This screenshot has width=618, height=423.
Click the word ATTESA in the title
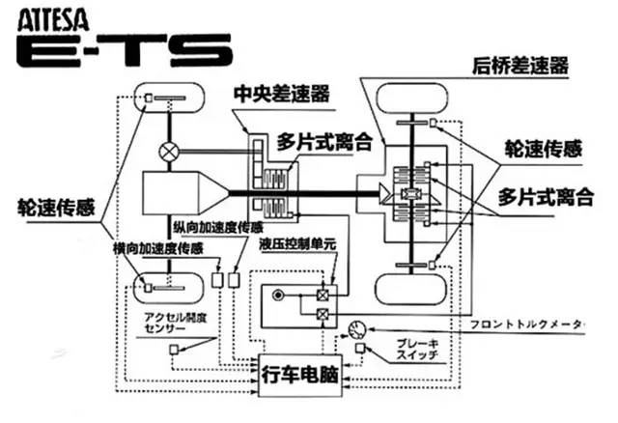point(49,15)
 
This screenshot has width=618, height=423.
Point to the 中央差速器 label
point(282,95)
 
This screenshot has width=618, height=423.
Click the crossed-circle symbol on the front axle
point(170,151)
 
